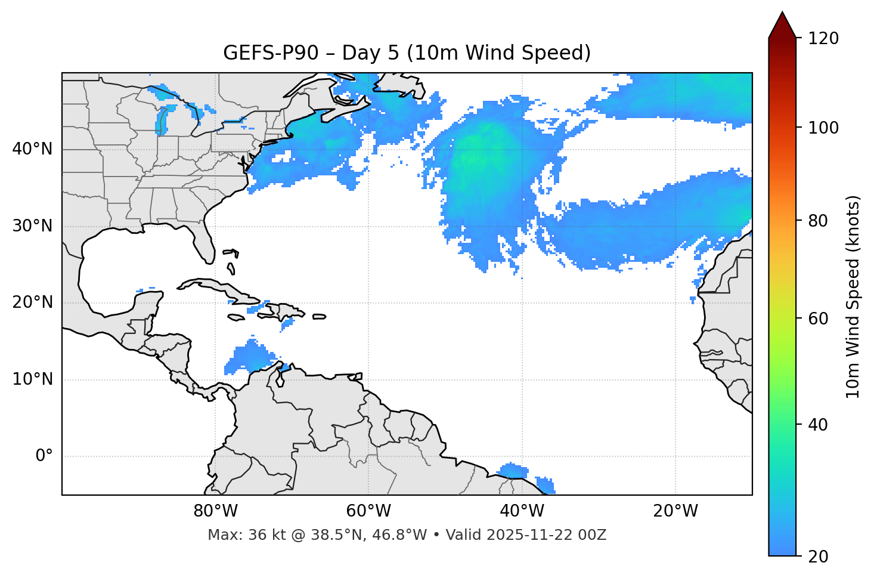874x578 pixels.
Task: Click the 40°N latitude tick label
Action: coord(32,149)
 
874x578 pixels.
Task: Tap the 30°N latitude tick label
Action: coord(32,226)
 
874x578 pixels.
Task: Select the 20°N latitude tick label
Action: coord(32,302)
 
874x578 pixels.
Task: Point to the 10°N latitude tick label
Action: coord(32,379)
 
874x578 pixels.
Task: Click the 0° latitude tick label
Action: coord(44,456)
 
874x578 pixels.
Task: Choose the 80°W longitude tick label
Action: coord(215,511)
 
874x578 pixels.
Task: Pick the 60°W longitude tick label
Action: coord(368,511)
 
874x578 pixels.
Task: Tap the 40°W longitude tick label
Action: coord(522,511)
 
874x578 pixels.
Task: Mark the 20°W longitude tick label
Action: coord(675,511)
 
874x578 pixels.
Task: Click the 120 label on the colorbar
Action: coord(823,39)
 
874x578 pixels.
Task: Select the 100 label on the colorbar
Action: coord(823,128)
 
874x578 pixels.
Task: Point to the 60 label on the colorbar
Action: coord(819,319)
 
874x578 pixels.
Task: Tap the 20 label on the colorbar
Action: coord(819,557)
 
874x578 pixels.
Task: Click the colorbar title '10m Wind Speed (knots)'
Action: coord(853,297)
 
